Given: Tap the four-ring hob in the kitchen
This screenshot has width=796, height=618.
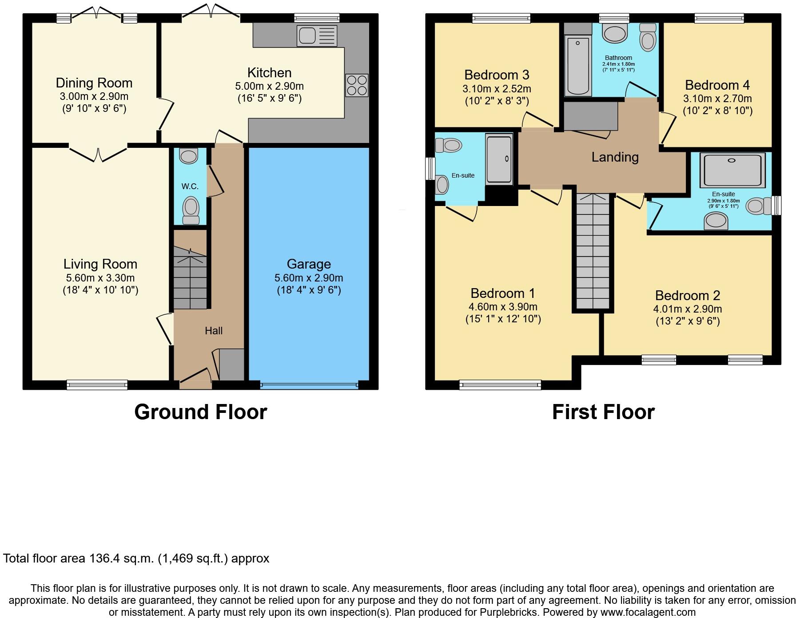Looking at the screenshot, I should pyautogui.click(x=357, y=85).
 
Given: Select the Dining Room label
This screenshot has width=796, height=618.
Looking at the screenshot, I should pyautogui.click(x=94, y=83).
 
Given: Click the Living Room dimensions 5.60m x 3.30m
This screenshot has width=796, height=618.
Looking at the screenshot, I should pyautogui.click(x=100, y=278).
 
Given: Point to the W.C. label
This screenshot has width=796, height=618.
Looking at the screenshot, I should pyautogui.click(x=190, y=186).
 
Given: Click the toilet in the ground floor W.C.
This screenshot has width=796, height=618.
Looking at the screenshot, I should pyautogui.click(x=191, y=210).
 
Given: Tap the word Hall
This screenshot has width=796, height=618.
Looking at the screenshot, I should pyautogui.click(x=214, y=331).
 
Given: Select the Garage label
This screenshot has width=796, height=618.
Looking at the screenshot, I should pyautogui.click(x=309, y=264).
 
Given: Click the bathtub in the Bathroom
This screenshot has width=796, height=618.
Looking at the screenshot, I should pyautogui.click(x=578, y=66).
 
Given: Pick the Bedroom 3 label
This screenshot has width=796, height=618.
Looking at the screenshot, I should pyautogui.click(x=497, y=75).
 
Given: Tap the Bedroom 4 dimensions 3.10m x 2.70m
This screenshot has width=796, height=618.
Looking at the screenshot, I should pyautogui.click(x=717, y=99).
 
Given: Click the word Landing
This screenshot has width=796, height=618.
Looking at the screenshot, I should pyautogui.click(x=615, y=157).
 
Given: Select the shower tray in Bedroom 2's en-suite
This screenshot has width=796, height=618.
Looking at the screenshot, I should pyautogui.click(x=732, y=170).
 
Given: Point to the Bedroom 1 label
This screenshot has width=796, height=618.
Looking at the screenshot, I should pyautogui.click(x=503, y=293).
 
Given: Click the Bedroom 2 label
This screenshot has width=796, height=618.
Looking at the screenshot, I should pyautogui.click(x=687, y=296).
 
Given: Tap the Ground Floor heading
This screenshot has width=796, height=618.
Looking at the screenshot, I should pyautogui.click(x=200, y=412).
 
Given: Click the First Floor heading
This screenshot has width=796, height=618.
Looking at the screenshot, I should pyautogui.click(x=603, y=412).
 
